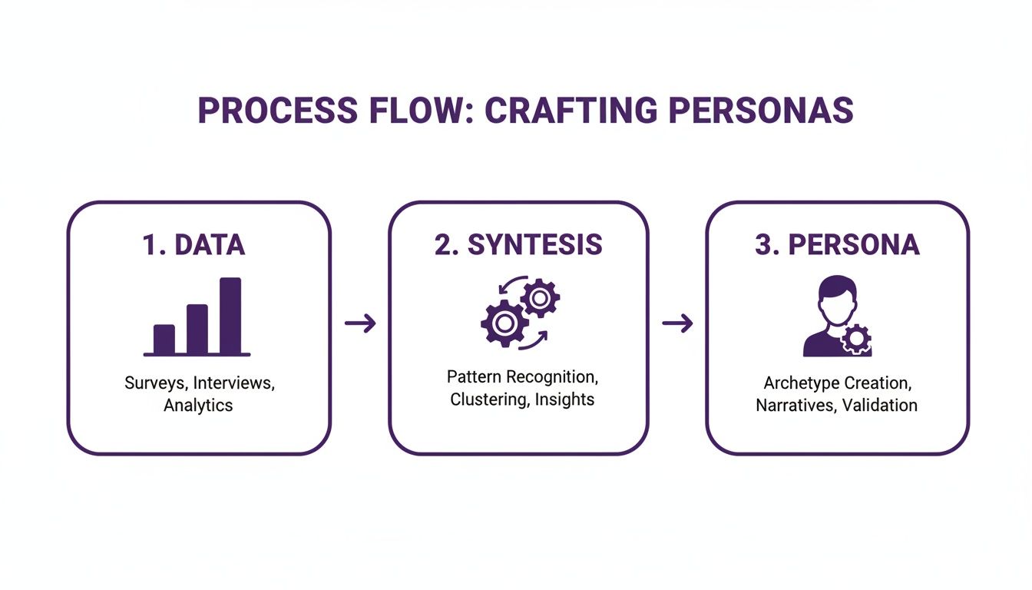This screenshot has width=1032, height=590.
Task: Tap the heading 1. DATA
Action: tap(194, 244)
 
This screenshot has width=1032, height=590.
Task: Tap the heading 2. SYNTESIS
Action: tap(518, 244)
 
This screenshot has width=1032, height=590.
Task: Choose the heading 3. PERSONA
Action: tap(837, 244)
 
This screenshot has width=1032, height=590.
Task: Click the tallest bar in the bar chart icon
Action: tap(230, 316)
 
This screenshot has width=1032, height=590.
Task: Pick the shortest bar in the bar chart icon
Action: tap(164, 339)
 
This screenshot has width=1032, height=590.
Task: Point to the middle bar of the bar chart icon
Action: tap(197, 329)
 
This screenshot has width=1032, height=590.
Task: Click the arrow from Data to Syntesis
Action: tap(360, 323)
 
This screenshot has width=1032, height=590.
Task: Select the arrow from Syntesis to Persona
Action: tap(677, 323)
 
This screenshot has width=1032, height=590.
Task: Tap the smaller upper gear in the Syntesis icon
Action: tap(540, 298)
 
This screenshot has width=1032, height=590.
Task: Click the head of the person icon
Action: tap(837, 298)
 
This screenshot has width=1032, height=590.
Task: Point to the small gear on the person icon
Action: tap(856, 339)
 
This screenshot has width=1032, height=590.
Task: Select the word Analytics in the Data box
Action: tap(198, 405)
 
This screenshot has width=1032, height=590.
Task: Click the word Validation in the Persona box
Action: tap(879, 405)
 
